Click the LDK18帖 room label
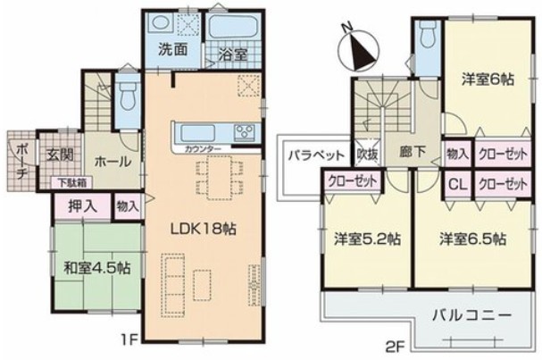pos(204,229)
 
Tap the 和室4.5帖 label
pos(97,268)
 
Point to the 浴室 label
pos(233,54)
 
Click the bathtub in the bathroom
pos(234,27)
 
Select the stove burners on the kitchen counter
pos(245,132)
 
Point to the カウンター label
pos(203,149)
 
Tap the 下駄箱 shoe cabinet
pos(71,182)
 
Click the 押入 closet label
pos(83,206)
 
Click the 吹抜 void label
pos(367,154)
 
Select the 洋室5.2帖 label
pos(367,239)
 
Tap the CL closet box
pos(458,184)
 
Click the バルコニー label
pos(471,315)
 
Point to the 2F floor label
pos(395,347)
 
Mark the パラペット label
pos(317,155)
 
